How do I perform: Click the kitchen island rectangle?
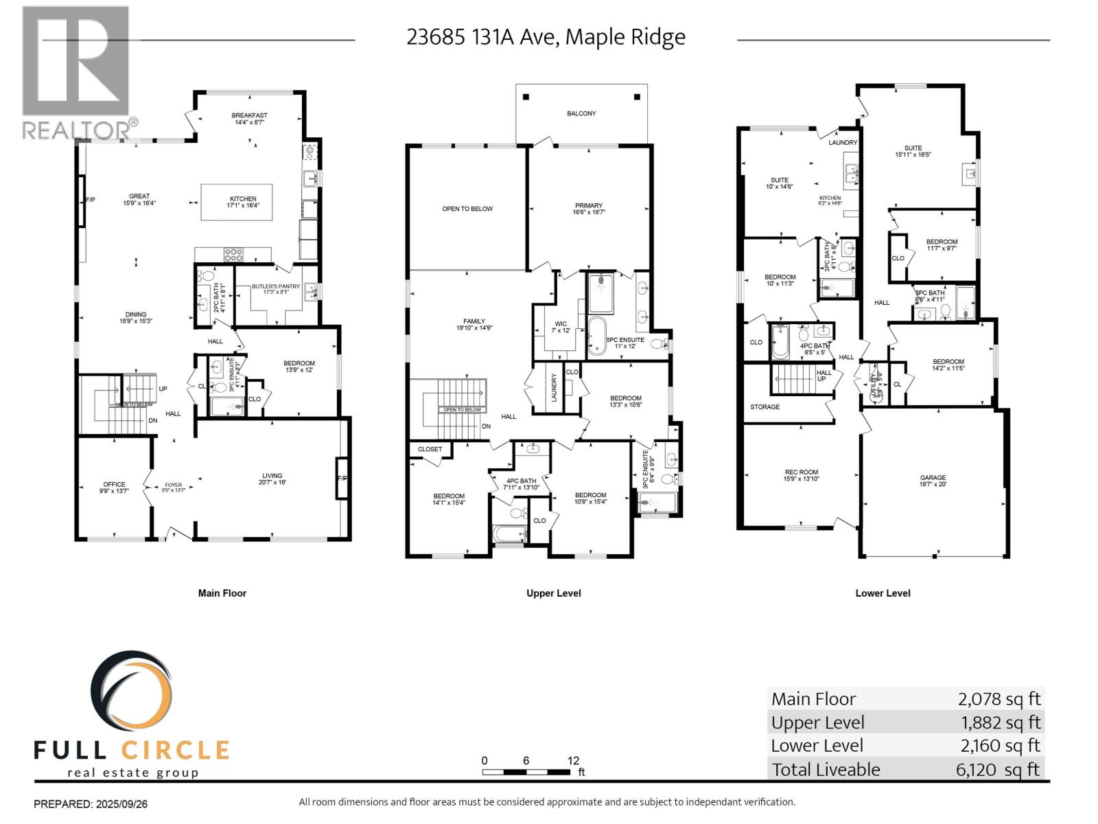(x=236, y=202)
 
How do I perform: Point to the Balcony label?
(x=581, y=113)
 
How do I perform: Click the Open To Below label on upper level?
(x=467, y=209)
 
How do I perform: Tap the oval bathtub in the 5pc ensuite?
(x=596, y=336)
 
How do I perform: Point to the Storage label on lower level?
(x=764, y=407)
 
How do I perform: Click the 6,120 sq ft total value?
(x=998, y=770)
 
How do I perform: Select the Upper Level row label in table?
(x=817, y=722)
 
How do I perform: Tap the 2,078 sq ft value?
(x=999, y=699)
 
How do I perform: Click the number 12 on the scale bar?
(x=573, y=760)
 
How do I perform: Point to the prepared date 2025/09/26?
(x=119, y=803)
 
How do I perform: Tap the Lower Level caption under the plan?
(x=883, y=593)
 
